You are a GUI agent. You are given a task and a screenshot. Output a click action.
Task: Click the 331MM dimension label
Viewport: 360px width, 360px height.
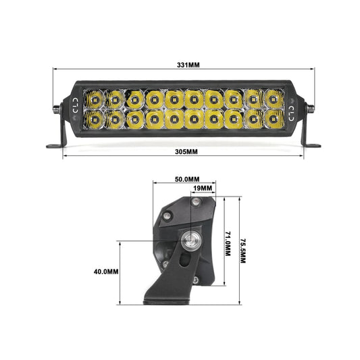(x=188, y=65)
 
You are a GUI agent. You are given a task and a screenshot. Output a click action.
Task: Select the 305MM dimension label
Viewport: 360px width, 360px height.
(x=186, y=152)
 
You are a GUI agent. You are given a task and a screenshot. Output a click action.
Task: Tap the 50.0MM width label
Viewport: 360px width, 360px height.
(x=187, y=179)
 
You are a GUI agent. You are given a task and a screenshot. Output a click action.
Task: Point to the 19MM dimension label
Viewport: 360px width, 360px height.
(x=203, y=188)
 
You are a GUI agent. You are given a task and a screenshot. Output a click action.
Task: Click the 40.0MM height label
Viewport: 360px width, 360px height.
(x=106, y=272)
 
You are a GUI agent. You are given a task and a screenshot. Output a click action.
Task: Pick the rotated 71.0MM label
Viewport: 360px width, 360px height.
(x=228, y=244)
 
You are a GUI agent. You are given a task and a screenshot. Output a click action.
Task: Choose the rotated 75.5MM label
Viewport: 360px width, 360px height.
(x=243, y=251)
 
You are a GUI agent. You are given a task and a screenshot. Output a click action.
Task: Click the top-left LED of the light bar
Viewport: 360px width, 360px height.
(x=94, y=99)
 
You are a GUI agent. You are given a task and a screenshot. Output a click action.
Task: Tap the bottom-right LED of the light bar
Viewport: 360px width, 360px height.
(x=274, y=119)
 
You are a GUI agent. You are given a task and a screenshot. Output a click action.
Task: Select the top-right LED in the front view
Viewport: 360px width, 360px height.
(x=274, y=99)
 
